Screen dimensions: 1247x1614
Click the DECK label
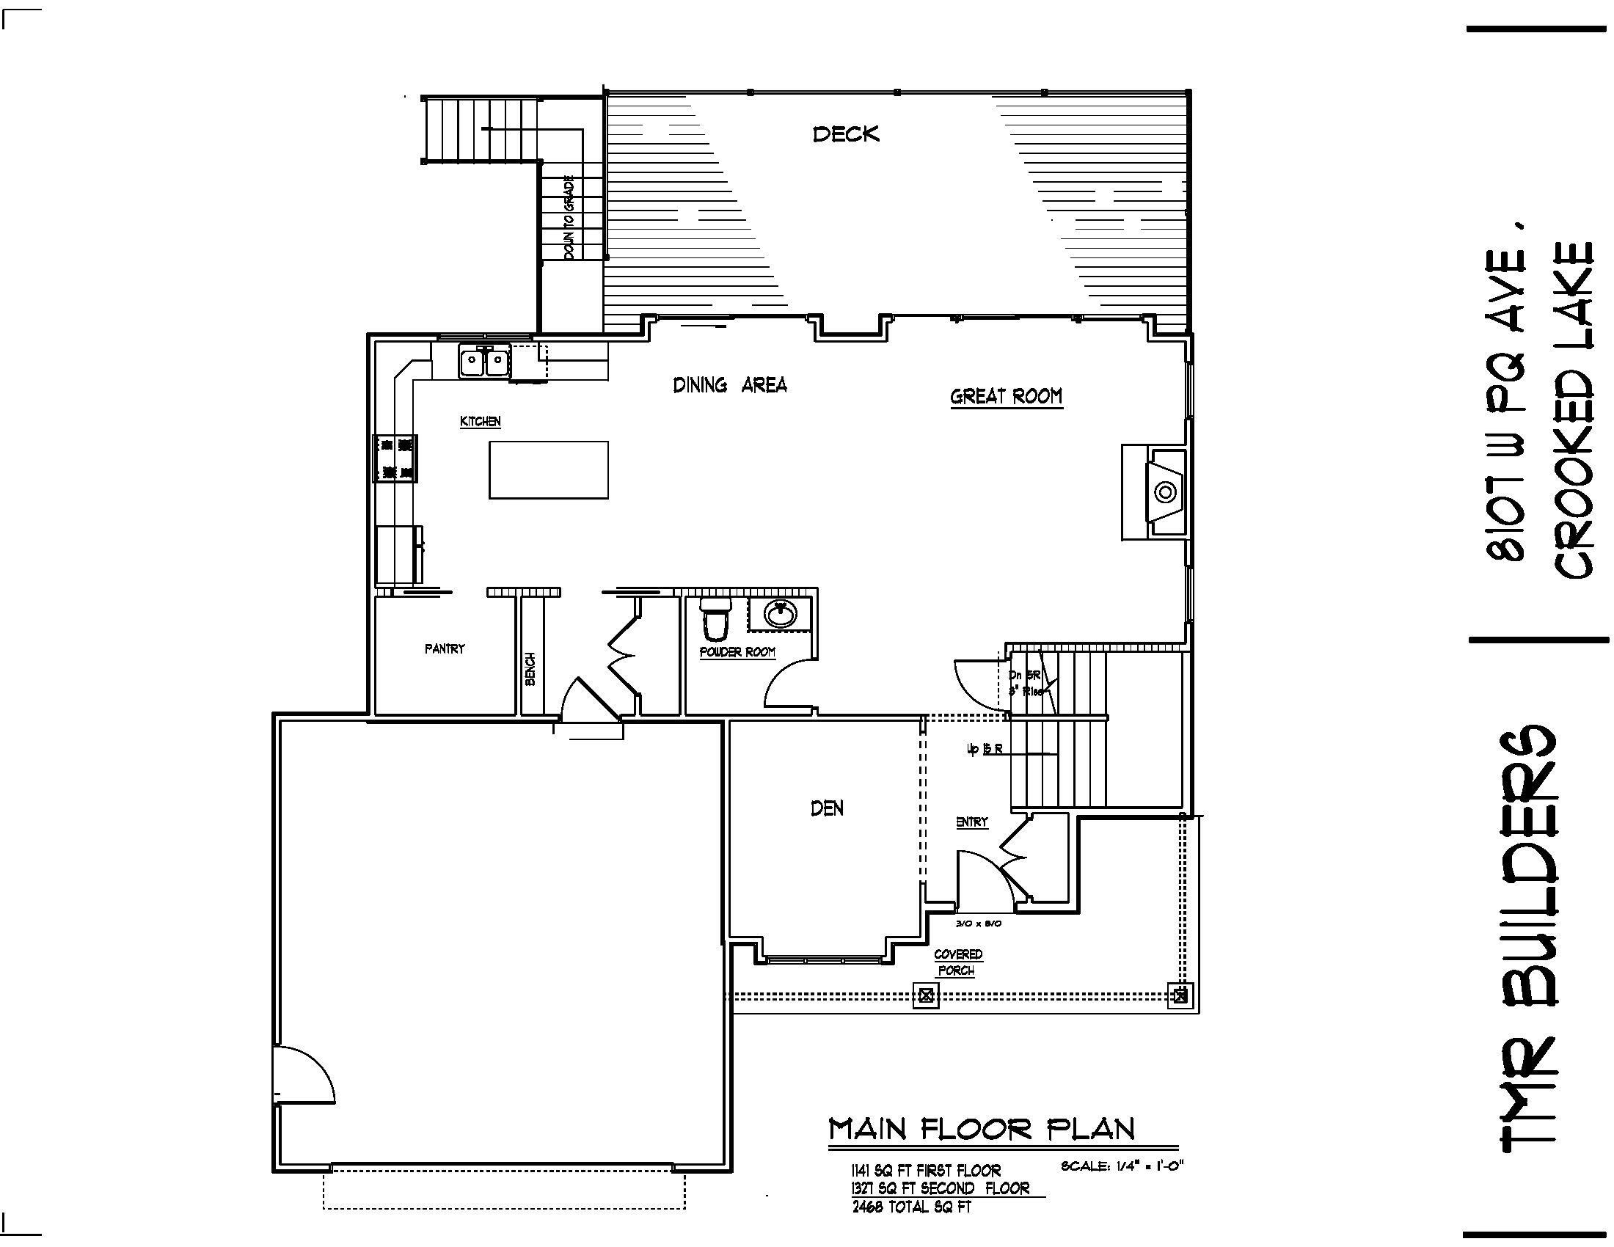(x=846, y=134)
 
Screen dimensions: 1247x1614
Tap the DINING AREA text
(x=729, y=385)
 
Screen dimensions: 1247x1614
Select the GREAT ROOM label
(x=1006, y=397)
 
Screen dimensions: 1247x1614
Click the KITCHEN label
(x=481, y=421)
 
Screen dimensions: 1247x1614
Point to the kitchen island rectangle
(x=548, y=470)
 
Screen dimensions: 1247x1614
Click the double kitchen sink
(x=484, y=362)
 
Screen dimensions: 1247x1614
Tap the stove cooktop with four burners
(x=395, y=458)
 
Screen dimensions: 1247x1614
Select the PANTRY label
(x=445, y=648)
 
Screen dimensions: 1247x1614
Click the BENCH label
(x=530, y=669)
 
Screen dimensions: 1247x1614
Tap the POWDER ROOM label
(x=737, y=652)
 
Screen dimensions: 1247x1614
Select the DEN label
(x=827, y=808)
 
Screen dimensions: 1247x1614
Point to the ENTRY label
(x=972, y=822)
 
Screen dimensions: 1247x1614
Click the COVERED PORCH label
(x=957, y=962)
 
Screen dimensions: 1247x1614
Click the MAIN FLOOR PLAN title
(x=982, y=1129)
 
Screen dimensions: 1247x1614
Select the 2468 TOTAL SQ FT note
(x=911, y=1207)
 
